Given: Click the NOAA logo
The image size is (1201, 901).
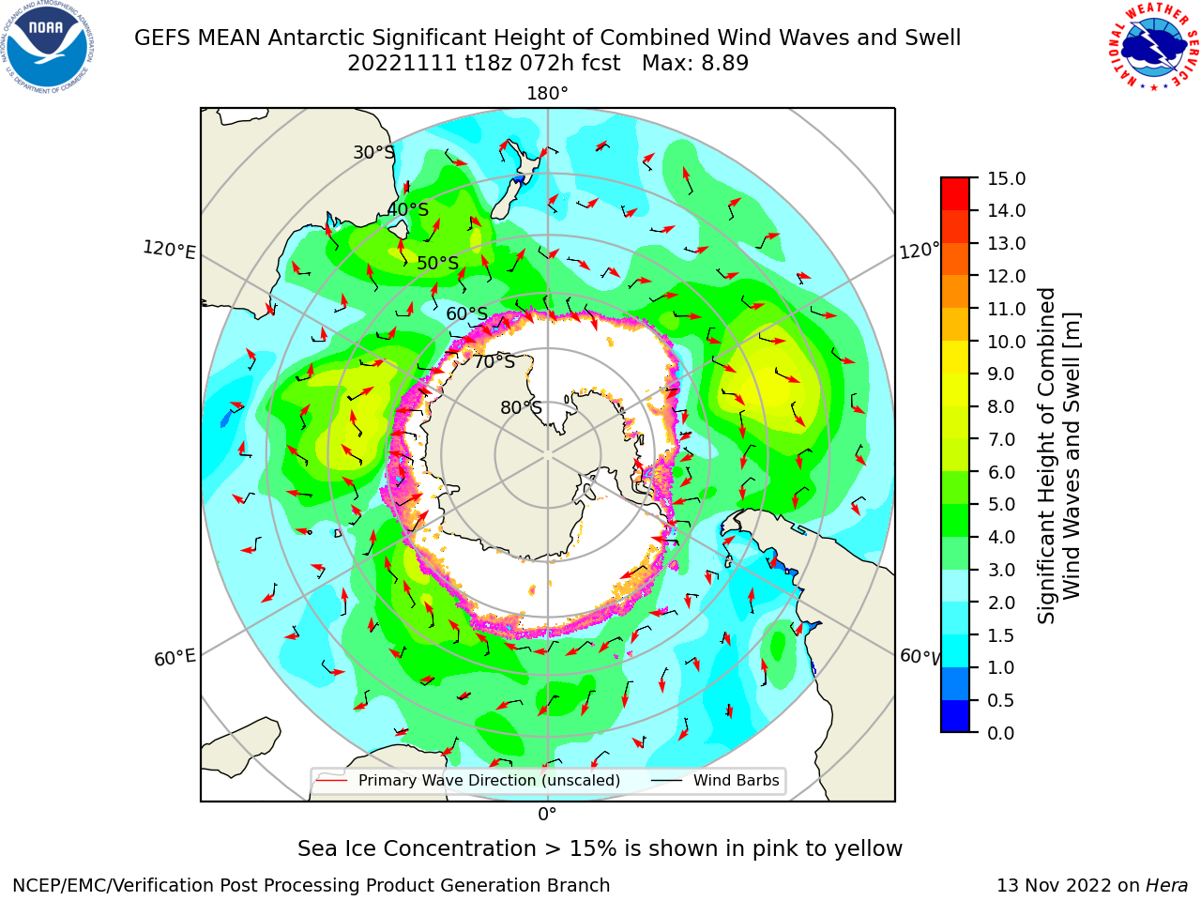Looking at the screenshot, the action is click(x=48, y=47).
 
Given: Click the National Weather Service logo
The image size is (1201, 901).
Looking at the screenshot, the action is click(x=1153, y=47).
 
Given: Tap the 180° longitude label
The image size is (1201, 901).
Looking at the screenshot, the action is click(x=547, y=94).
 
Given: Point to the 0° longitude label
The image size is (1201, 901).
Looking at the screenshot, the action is click(x=547, y=815).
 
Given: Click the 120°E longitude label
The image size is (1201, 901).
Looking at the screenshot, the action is click(x=169, y=250).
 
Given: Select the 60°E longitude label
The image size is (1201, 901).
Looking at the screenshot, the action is click(x=175, y=657).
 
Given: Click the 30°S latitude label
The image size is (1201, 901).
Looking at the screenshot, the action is click(x=374, y=152).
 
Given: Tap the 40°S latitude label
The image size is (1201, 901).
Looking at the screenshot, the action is click(x=408, y=209).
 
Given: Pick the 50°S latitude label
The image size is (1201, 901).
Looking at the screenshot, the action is click(x=438, y=263).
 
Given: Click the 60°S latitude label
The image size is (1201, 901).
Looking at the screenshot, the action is click(x=466, y=313).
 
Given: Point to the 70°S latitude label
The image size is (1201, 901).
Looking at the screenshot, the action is click(x=494, y=362).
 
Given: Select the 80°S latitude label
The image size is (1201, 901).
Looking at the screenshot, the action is click(x=522, y=407).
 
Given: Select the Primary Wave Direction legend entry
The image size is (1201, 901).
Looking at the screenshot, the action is click(x=468, y=780).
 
